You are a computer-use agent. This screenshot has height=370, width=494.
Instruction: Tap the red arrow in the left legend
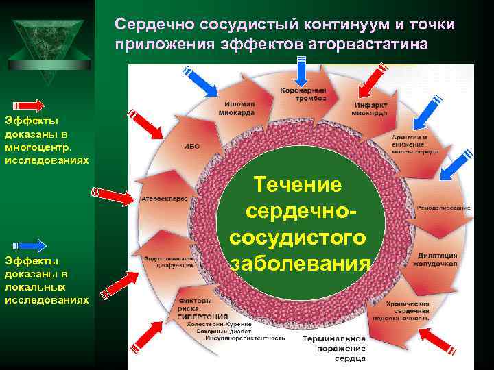(x=31, y=106)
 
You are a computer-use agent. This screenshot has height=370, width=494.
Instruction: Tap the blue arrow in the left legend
(x=31, y=245)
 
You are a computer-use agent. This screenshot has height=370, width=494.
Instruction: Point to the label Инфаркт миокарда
(x=371, y=110)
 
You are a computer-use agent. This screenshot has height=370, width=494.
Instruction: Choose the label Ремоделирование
(x=444, y=207)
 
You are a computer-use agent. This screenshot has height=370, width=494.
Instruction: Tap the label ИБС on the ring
(x=192, y=145)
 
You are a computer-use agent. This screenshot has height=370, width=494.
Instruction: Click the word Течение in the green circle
(x=297, y=185)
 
